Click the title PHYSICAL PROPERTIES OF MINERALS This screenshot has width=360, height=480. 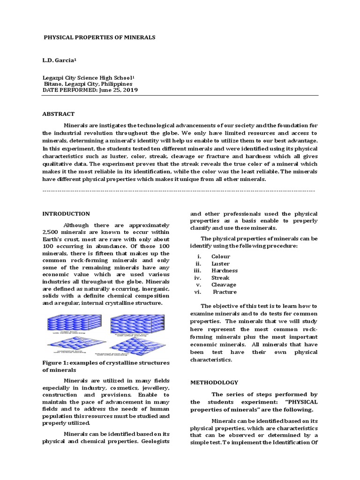coord(99,37)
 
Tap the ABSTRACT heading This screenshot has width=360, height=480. coord(59,114)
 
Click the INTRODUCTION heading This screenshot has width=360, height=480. coord(66,214)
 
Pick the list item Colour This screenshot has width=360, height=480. coord(220,256)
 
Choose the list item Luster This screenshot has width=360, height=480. coord(220,263)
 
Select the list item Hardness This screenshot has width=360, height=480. coord(224,270)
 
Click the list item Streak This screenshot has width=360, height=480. coord(220,277)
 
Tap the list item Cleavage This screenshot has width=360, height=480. coord(224,285)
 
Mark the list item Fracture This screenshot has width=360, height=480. coord(225,292)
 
